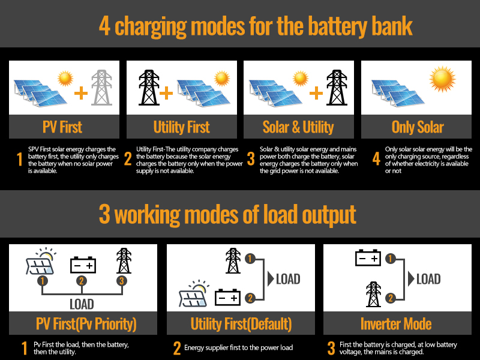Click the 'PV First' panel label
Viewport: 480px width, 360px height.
pos(62,127)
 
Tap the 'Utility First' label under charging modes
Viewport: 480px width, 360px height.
pos(181,127)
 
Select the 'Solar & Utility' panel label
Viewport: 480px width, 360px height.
pos(298,127)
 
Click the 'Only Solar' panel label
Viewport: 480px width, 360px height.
pos(417,127)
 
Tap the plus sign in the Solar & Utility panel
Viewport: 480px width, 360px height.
pos(316,93)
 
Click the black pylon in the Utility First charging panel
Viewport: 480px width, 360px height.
pos(147,88)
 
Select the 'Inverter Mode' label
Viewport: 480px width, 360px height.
pos(396,325)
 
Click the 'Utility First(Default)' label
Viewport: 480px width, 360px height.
pos(241,325)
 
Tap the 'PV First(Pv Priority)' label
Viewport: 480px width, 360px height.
pos(82,325)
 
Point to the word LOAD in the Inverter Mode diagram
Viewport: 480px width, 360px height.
pos(428,279)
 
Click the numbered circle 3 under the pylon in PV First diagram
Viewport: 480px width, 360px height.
pos(122,280)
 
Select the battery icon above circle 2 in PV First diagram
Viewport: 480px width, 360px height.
pos(83,264)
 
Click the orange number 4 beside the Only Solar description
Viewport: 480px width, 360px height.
pos(376,159)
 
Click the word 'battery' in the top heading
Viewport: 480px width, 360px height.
pos(341,26)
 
